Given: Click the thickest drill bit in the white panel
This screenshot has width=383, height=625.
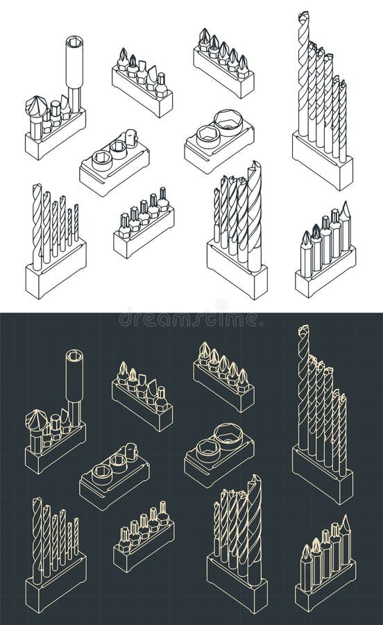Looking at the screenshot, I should point(254,212).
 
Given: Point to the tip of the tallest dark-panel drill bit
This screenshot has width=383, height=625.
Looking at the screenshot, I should point(303,327).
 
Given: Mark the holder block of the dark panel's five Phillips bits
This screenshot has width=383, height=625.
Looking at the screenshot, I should point(222,393).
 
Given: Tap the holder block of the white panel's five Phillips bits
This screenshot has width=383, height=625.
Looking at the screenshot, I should point(222,78).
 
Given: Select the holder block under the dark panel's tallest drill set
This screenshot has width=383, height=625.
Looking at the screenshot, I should point(323,476).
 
